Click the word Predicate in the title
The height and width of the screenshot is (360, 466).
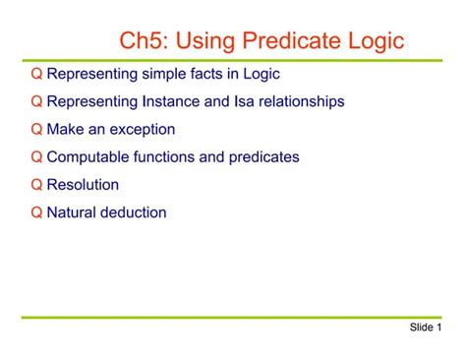click(x=292, y=41)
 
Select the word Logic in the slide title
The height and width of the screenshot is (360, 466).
click(x=375, y=41)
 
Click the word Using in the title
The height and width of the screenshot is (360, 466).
click(x=207, y=41)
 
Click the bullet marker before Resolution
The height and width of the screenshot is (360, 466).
click(x=36, y=185)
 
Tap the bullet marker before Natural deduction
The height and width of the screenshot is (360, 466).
click(x=36, y=212)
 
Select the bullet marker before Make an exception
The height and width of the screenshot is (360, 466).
click(x=36, y=130)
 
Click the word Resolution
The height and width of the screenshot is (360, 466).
click(x=83, y=185)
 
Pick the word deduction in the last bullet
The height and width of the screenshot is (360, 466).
click(x=135, y=212)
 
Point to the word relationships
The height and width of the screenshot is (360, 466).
click(x=296, y=102)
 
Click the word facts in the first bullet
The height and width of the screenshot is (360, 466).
click(x=204, y=75)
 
